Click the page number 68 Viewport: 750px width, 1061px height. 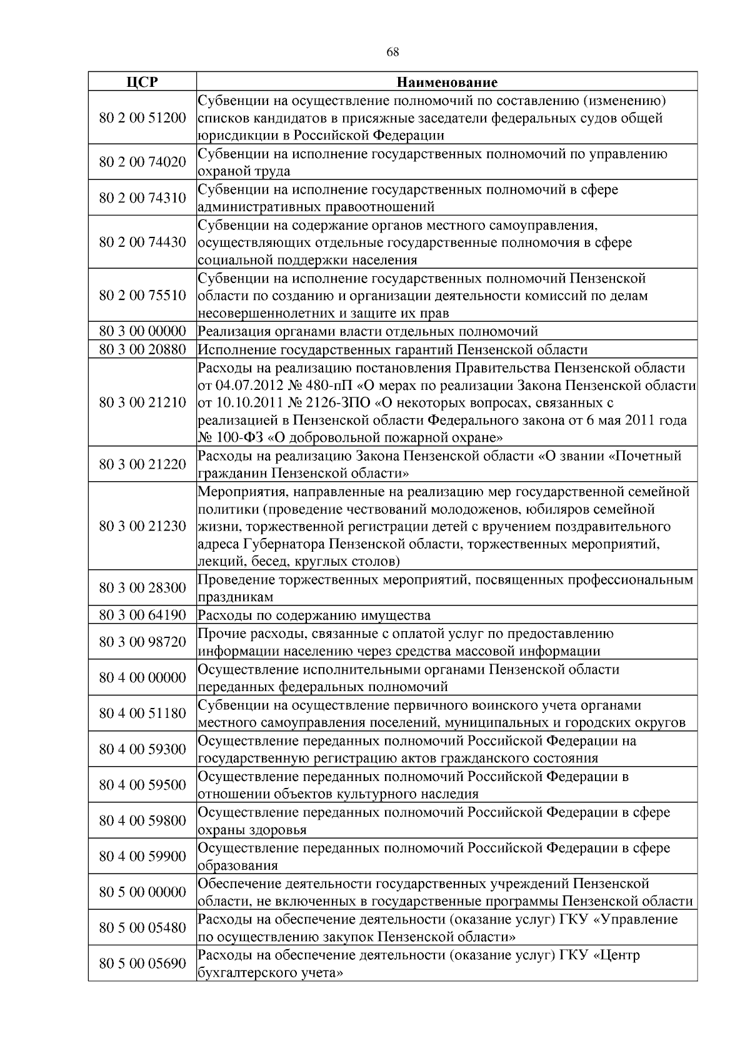392,52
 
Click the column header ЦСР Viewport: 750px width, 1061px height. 142,82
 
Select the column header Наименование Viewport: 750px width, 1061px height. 447,82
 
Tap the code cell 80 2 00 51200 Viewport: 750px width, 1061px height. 142,117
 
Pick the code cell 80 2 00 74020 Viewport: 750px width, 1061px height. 142,162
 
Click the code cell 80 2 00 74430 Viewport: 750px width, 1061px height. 142,242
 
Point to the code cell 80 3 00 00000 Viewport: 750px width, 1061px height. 142,331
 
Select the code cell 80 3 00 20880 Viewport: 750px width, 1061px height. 142,349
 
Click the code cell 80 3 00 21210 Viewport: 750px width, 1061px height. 142,402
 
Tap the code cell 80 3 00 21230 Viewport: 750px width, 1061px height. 142,526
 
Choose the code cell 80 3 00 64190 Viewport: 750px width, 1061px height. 142,615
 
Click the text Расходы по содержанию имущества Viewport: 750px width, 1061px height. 314,615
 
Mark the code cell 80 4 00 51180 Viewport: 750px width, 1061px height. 142,714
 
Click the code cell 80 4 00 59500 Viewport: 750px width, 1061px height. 142,785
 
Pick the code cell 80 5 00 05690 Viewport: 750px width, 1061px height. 142,964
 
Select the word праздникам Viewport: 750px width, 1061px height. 236,597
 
